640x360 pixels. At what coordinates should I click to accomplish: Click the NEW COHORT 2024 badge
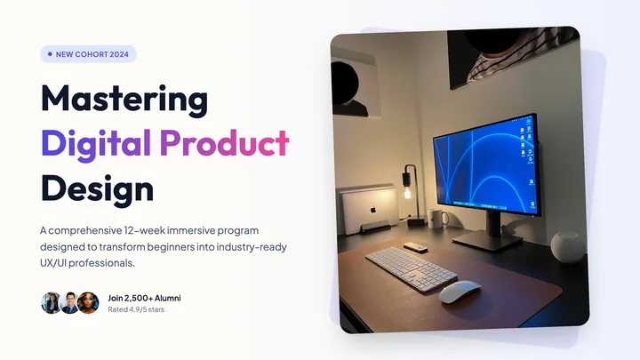tap(88, 54)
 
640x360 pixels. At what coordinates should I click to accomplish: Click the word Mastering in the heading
tap(124, 99)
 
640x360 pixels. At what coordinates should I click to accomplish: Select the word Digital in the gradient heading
tap(96, 145)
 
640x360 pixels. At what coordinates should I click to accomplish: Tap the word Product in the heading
tap(224, 143)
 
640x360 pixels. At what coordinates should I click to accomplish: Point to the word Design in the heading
tap(97, 188)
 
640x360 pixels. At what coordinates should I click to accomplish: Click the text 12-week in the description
tap(145, 230)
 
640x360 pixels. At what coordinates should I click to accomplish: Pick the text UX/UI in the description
tap(53, 263)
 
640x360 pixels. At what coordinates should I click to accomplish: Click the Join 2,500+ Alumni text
tap(144, 298)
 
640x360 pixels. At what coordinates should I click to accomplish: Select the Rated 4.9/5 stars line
tap(136, 309)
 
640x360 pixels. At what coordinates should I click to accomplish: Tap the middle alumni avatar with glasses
tap(69, 303)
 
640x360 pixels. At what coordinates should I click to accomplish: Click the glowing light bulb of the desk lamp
tap(407, 192)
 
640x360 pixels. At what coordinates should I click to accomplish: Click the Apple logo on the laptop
tap(372, 210)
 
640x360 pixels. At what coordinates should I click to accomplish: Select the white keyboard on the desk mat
tap(411, 268)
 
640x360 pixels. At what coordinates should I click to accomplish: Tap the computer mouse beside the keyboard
tap(460, 292)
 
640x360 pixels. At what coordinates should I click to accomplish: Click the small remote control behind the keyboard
tap(415, 247)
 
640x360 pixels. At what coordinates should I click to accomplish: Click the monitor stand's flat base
tap(487, 240)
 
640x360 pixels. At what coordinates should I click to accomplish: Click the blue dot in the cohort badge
tap(50, 54)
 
